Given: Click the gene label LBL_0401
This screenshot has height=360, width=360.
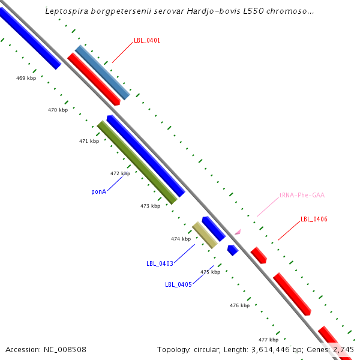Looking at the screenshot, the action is point(147,40).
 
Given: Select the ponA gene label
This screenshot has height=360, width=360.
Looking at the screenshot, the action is point(99,192).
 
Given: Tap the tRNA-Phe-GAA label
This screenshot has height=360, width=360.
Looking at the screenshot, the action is point(302,196).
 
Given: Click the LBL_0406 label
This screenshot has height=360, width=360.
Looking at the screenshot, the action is point(314,220).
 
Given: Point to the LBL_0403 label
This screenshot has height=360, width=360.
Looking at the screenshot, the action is point(160,263).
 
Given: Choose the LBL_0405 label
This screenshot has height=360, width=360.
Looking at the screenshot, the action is point(178,284).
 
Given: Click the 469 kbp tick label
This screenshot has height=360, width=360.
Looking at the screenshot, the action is point(26,78).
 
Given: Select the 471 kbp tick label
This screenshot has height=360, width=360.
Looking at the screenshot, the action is point(89,141).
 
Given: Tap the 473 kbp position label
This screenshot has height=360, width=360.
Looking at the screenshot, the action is point(150,206).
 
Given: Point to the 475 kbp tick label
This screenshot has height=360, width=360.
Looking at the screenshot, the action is point(210,272).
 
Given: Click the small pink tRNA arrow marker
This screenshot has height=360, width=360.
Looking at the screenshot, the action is point(238,231).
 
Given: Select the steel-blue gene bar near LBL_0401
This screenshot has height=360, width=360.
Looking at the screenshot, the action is point(102,72).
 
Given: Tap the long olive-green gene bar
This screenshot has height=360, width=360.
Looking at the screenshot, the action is point(137,162).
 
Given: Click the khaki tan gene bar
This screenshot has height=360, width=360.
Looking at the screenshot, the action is point(205,235).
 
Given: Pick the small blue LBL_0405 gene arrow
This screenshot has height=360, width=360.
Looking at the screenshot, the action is point(233,250).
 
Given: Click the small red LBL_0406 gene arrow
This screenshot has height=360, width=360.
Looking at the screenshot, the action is point(259,255).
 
